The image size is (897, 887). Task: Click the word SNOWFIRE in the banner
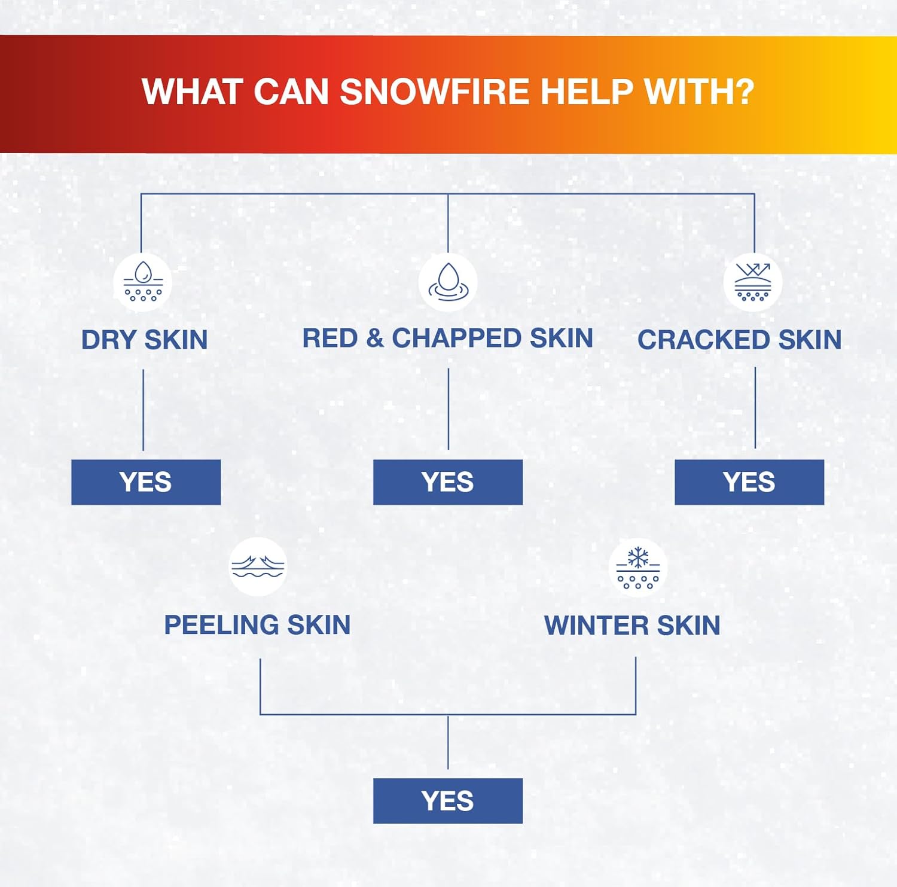(x=435, y=92)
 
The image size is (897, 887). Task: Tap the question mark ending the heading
(x=743, y=92)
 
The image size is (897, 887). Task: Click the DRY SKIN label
(x=144, y=340)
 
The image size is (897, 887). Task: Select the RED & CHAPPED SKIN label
(x=447, y=338)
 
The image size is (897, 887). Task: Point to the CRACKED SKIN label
(x=739, y=340)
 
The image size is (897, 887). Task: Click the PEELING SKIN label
(x=257, y=625)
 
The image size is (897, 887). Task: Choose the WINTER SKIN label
(x=632, y=626)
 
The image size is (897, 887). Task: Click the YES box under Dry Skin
(x=146, y=482)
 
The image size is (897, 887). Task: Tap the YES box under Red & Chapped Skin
(x=448, y=482)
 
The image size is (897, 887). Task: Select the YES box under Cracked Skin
(x=749, y=482)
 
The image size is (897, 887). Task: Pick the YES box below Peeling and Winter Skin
(x=448, y=801)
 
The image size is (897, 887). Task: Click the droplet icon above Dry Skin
(x=143, y=282)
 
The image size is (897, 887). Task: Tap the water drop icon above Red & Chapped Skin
(x=448, y=282)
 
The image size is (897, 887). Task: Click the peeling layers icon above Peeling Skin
(x=258, y=566)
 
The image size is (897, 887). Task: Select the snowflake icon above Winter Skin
(x=638, y=568)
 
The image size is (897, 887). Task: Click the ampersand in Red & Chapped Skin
(x=375, y=338)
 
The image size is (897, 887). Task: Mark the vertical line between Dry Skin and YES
(x=143, y=410)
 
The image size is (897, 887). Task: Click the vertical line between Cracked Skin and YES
(x=755, y=407)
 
